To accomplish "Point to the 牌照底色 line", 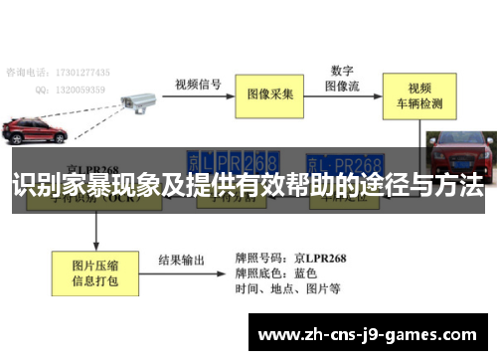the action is [x=276, y=272].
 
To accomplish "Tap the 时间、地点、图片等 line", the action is [x=288, y=289].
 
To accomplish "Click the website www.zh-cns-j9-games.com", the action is [x=366, y=334].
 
